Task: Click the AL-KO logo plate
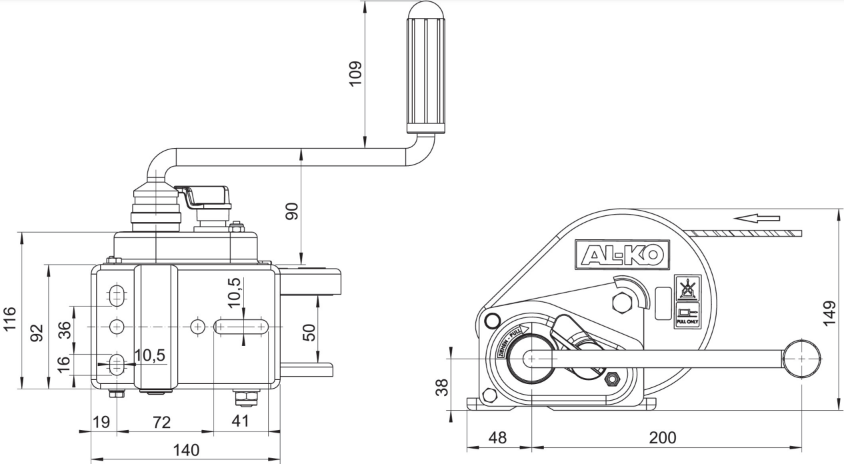click(622, 254)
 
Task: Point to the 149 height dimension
click(829, 313)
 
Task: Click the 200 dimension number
click(663, 437)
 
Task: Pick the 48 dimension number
click(497, 437)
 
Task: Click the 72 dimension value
click(161, 422)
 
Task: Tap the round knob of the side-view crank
click(801, 359)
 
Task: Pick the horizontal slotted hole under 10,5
click(241, 327)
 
